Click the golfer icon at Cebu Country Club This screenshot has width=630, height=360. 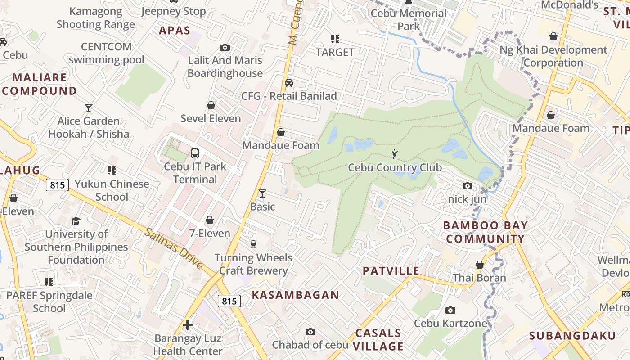(x=395, y=154)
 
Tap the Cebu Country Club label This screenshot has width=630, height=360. (x=395, y=168)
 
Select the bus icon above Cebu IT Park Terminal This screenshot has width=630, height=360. (x=195, y=153)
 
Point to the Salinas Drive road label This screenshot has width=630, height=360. (x=174, y=248)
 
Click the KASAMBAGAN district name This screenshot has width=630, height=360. (x=295, y=295)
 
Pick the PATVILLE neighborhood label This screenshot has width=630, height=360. (x=391, y=271)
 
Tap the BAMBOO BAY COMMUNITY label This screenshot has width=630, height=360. (x=486, y=232)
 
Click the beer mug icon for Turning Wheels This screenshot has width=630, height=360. (x=253, y=244)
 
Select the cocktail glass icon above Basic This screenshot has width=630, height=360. (x=262, y=193)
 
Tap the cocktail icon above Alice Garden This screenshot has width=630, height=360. (x=89, y=108)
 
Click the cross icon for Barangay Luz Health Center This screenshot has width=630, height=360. (x=188, y=325)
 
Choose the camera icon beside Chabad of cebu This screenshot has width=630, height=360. (x=310, y=332)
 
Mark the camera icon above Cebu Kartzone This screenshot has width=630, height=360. (x=450, y=310)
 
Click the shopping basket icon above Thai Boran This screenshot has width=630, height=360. (x=480, y=265)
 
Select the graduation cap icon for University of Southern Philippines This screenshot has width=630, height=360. (x=76, y=221)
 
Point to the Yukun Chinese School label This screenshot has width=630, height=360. (x=112, y=190)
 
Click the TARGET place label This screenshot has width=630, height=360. (x=335, y=52)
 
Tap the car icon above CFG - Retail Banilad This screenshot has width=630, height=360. (x=289, y=83)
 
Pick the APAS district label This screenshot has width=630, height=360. (x=175, y=31)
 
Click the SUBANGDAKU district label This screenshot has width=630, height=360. (x=572, y=336)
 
